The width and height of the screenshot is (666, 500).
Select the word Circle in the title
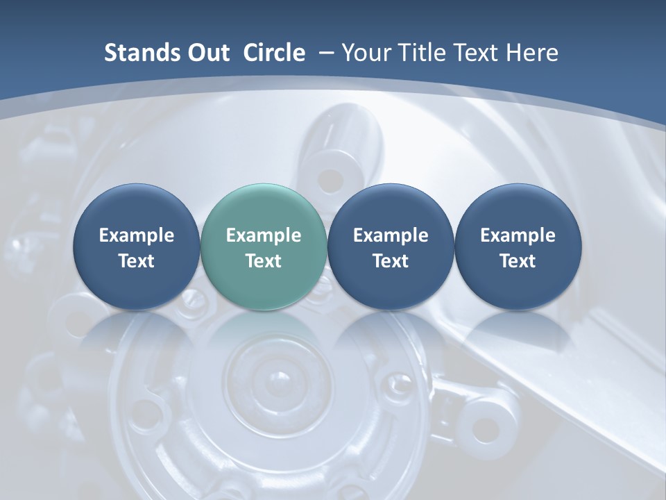[x=274, y=53]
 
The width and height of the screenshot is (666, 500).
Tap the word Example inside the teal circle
[x=264, y=235]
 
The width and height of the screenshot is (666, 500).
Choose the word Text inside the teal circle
[x=264, y=261]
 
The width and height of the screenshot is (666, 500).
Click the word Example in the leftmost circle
[x=136, y=235]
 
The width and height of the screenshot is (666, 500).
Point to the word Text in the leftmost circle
[x=136, y=261]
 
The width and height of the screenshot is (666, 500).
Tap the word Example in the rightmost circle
[x=518, y=235]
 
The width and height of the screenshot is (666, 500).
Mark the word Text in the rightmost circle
[x=518, y=261]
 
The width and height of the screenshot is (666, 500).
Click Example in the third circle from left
[x=391, y=235]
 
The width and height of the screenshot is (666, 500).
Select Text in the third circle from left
[x=391, y=261]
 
